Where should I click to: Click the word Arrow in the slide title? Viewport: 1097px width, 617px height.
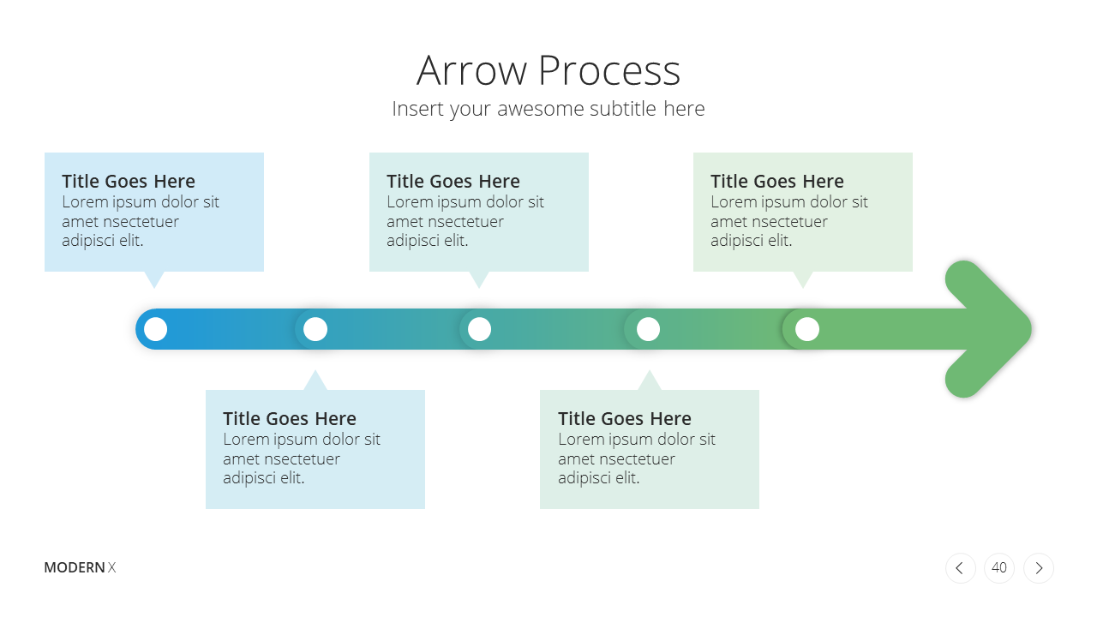[471, 71]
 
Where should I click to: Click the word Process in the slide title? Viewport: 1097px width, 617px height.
[609, 71]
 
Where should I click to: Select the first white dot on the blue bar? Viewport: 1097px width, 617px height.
[156, 329]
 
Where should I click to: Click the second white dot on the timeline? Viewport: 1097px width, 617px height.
[315, 329]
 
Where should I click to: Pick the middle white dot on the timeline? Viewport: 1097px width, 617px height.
[479, 329]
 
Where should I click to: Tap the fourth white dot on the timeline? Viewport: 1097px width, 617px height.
[648, 329]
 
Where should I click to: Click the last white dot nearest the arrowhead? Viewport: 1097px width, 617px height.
[807, 329]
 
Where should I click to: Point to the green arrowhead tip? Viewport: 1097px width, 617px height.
[1031, 329]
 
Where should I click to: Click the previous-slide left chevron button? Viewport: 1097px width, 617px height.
[961, 568]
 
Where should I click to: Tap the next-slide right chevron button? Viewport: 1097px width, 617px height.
[1039, 568]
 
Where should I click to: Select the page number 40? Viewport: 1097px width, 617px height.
[999, 568]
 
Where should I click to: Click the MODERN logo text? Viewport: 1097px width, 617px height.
[75, 567]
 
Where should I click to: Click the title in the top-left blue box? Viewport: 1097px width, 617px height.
[129, 181]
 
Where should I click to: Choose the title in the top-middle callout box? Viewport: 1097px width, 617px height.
[453, 181]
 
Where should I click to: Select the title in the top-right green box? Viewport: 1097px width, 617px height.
[777, 181]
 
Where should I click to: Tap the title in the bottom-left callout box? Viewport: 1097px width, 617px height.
[290, 419]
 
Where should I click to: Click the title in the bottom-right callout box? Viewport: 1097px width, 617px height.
[625, 419]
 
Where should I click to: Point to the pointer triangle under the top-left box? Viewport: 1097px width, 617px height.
[154, 279]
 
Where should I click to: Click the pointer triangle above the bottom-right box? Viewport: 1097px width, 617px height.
[650, 382]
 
